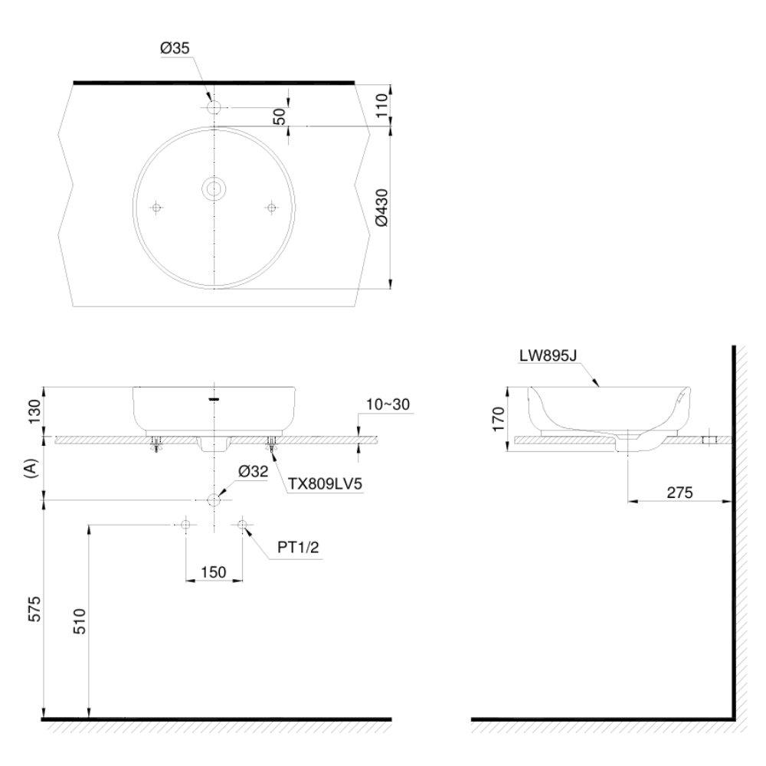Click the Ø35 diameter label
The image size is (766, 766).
click(x=175, y=48)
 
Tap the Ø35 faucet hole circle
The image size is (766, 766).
click(x=214, y=107)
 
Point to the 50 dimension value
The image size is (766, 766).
click(x=280, y=116)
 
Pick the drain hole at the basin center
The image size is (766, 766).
click(x=213, y=188)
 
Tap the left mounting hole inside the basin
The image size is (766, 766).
click(x=156, y=208)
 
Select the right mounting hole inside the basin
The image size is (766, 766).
click(x=271, y=208)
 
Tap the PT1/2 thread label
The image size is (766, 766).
click(x=297, y=550)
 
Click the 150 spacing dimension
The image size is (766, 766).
click(x=213, y=571)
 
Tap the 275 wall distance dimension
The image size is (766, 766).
click(x=679, y=493)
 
